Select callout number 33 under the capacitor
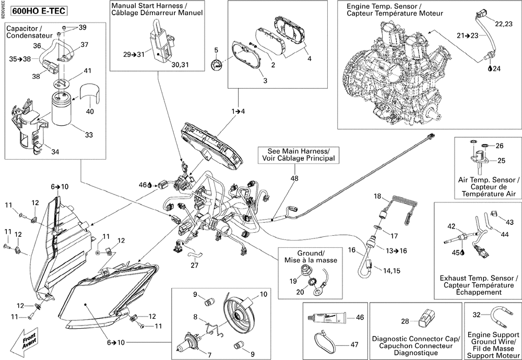89,135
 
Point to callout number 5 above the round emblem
216,51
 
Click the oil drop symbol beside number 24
490,69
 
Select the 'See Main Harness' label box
299,154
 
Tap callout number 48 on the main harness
294,178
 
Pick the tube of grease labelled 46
327,318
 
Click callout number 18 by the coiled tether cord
377,196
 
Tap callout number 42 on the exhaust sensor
451,226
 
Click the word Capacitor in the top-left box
21,29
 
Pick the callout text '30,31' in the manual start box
181,65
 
